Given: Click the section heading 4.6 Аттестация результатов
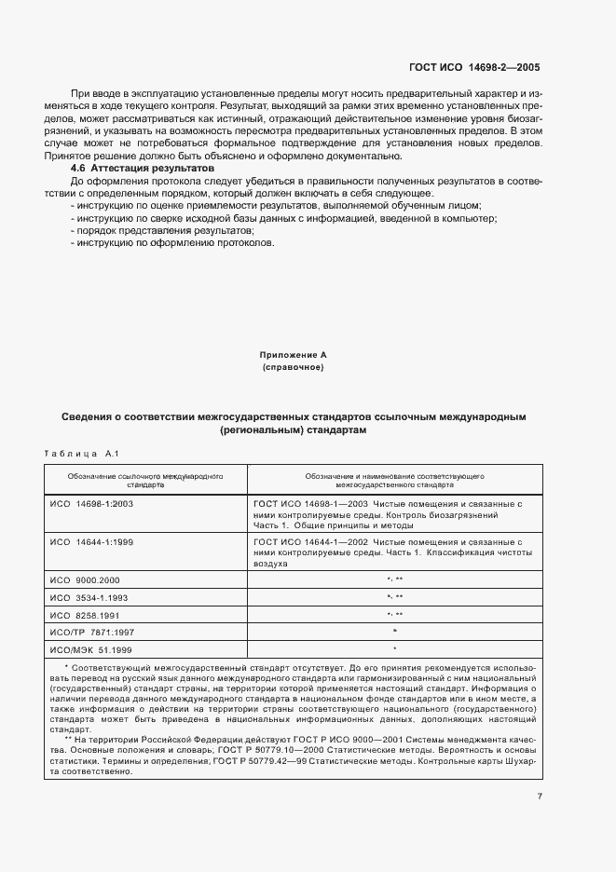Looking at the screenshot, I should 143,168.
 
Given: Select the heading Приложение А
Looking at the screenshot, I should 293,356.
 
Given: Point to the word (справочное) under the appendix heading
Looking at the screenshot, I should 293,368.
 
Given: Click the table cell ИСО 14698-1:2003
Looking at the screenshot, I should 91,504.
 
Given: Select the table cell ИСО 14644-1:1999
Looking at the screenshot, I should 91,541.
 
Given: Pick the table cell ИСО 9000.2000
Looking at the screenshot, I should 85,579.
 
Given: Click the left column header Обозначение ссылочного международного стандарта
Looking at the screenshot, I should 144,480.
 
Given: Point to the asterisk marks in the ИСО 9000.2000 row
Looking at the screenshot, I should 394,579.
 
